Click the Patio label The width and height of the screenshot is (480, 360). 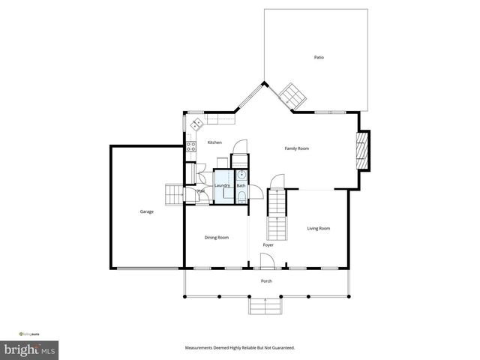point(319,58)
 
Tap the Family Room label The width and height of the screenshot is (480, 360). point(296,148)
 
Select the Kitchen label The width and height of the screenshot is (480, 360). point(214,142)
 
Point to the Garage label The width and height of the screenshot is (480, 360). point(146,211)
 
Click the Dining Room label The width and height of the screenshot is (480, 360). point(217,238)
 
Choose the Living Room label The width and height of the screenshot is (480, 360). point(319,229)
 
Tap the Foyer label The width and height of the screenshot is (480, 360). point(268,245)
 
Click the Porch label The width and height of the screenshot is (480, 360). point(266,281)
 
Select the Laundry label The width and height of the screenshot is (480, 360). point(222,185)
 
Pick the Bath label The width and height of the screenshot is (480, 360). point(241,185)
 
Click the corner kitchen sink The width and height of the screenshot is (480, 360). point(197,124)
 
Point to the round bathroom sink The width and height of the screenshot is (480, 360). point(241,175)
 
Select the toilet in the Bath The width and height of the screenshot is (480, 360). point(241,197)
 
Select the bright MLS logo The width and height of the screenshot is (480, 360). point(30,349)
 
